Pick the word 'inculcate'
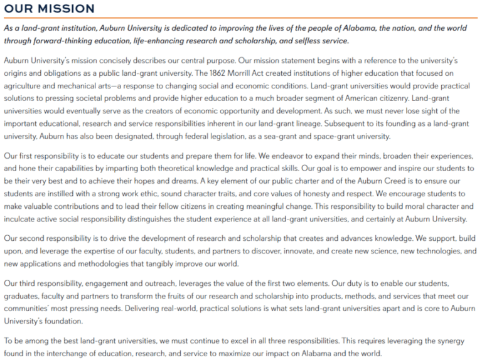[x=21, y=220]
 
